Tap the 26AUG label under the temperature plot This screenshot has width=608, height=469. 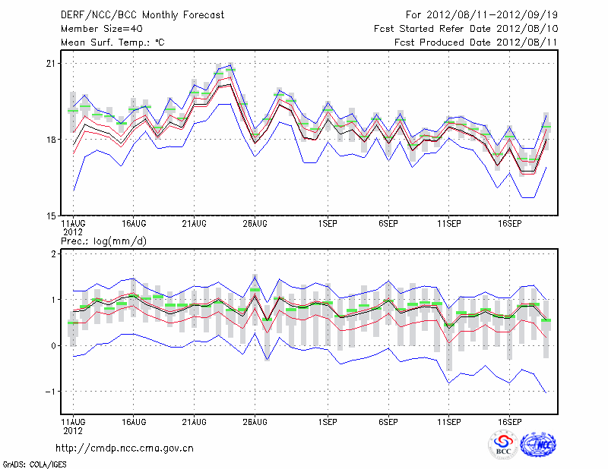tap(255, 224)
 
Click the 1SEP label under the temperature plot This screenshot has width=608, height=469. tap(328, 224)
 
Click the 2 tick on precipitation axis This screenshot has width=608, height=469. tap(53, 254)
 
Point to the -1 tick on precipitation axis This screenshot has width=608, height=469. tap(50, 392)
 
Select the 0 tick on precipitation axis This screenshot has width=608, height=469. tap(53, 346)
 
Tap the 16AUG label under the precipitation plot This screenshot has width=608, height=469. tap(134, 420)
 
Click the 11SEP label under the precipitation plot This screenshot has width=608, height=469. tap(448, 420)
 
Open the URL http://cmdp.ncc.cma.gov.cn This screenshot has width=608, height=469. tap(125, 449)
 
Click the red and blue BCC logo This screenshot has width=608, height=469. tap(502, 445)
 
